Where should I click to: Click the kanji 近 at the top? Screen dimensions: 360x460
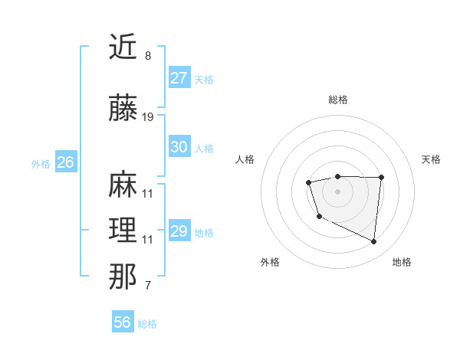point(123,47)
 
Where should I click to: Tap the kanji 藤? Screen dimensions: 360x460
point(123,110)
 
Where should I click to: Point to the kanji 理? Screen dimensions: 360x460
point(123,231)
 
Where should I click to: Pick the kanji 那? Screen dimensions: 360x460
point(123,277)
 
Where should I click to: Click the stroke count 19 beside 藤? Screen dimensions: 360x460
point(148,117)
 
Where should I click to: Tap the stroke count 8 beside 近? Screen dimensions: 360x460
point(148,56)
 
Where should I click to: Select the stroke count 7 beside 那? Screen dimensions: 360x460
point(148,286)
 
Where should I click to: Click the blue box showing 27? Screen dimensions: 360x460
point(179,78)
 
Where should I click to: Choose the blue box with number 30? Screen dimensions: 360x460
point(179,147)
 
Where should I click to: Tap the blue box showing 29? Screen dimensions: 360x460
point(179,231)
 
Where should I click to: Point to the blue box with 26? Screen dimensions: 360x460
point(65,162)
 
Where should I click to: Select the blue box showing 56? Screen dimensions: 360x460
point(122,323)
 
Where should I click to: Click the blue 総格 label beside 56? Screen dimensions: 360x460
point(147,324)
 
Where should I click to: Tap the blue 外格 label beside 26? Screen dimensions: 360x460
point(41,163)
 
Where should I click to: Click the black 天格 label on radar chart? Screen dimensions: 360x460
point(431,159)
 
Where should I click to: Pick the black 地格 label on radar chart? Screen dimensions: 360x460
point(402,262)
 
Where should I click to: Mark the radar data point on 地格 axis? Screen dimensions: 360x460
point(373,242)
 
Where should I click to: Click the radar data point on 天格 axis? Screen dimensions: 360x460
point(382,178)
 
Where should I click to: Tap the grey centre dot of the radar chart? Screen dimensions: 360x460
point(337,191)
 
